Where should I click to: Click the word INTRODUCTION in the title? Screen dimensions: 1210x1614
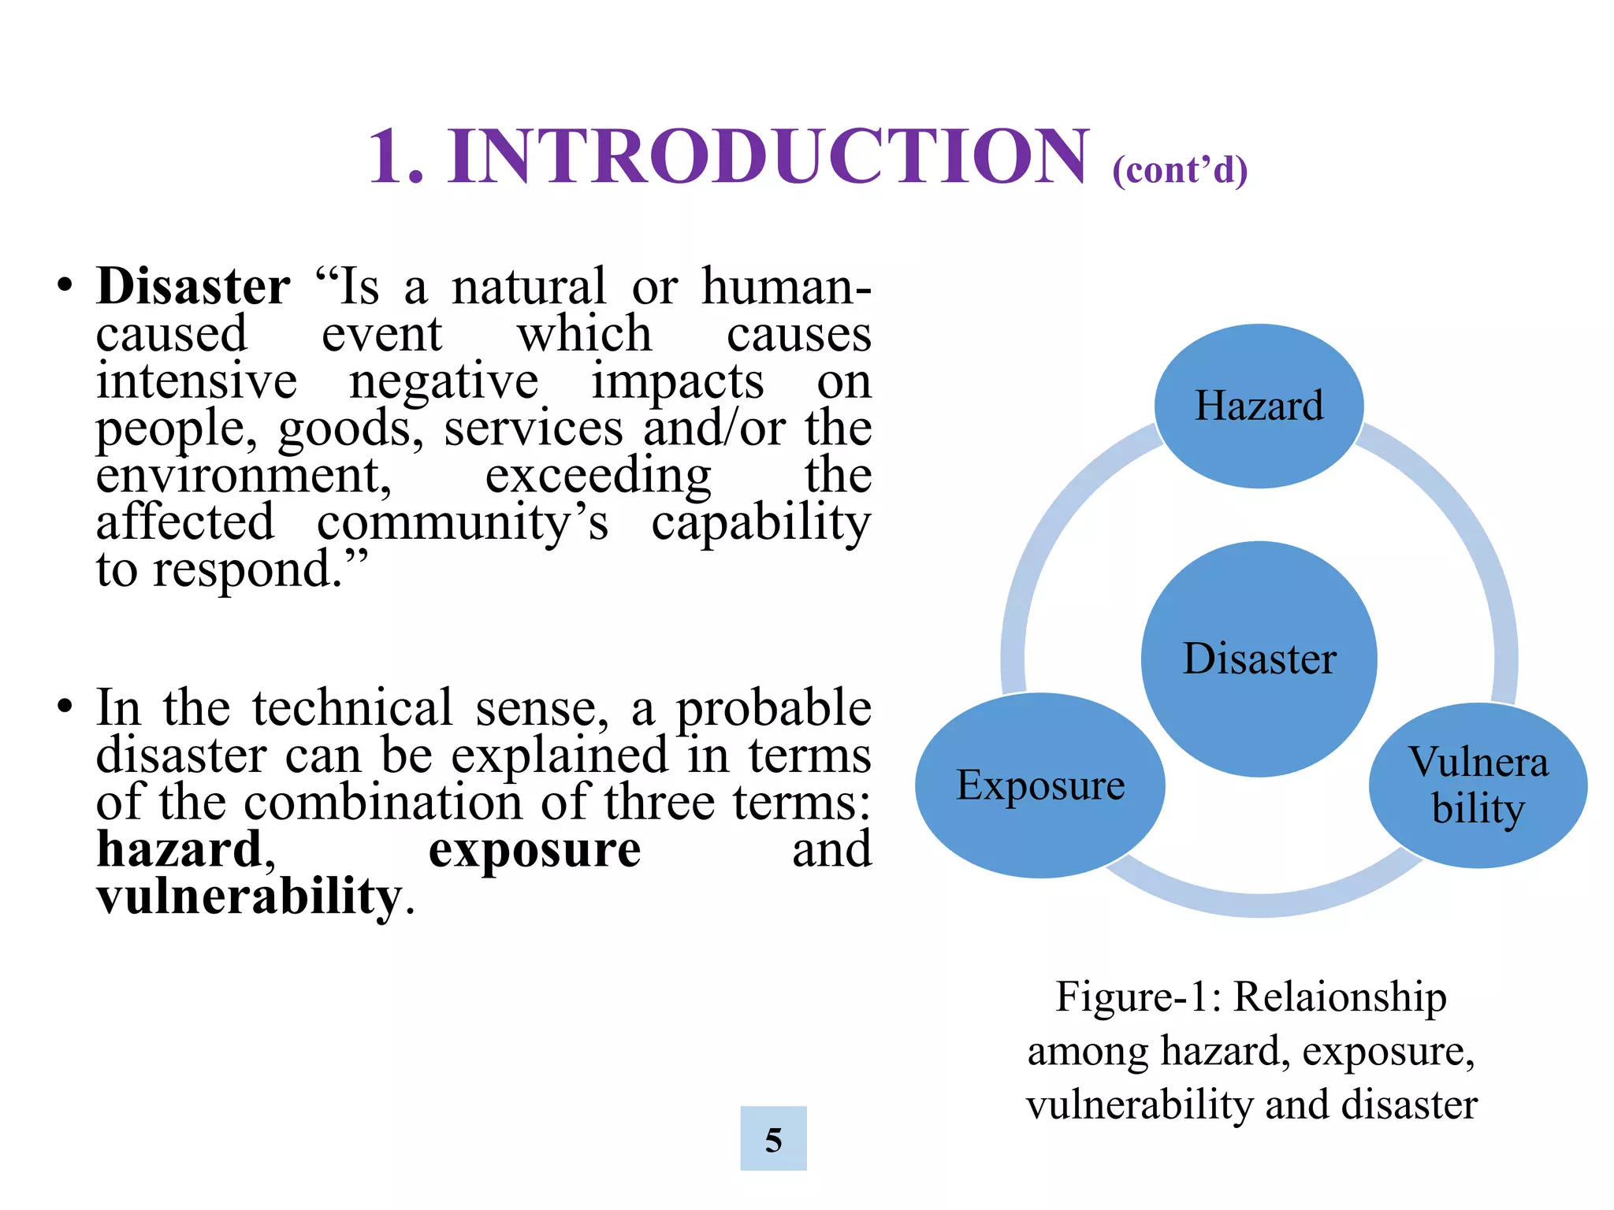click(768, 157)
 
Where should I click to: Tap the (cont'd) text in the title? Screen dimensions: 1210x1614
click(1179, 170)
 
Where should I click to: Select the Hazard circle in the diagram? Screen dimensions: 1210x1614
click(1259, 406)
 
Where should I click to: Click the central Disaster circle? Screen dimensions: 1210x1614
click(1259, 659)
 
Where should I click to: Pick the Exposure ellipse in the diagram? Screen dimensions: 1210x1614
click(1039, 785)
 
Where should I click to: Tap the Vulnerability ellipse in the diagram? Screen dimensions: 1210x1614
click(1478, 785)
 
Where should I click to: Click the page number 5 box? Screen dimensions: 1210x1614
click(773, 1138)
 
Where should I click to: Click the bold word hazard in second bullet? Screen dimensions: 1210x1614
click(180, 849)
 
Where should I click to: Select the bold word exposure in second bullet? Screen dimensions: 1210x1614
click(534, 849)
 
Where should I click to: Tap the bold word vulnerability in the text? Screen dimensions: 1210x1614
click(249, 896)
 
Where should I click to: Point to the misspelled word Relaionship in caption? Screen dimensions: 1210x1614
click(1339, 997)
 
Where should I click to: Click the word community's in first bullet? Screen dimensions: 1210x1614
click(463, 523)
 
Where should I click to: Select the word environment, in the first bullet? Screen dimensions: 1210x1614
click(244, 476)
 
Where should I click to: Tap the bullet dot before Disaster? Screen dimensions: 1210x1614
click(65, 287)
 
